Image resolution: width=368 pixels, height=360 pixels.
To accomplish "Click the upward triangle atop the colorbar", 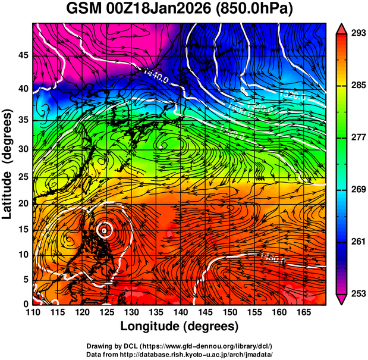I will click(341, 28).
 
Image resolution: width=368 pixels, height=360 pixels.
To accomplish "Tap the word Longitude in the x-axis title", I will click(151, 326).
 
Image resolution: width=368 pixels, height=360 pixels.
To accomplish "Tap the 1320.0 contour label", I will click(292, 95).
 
